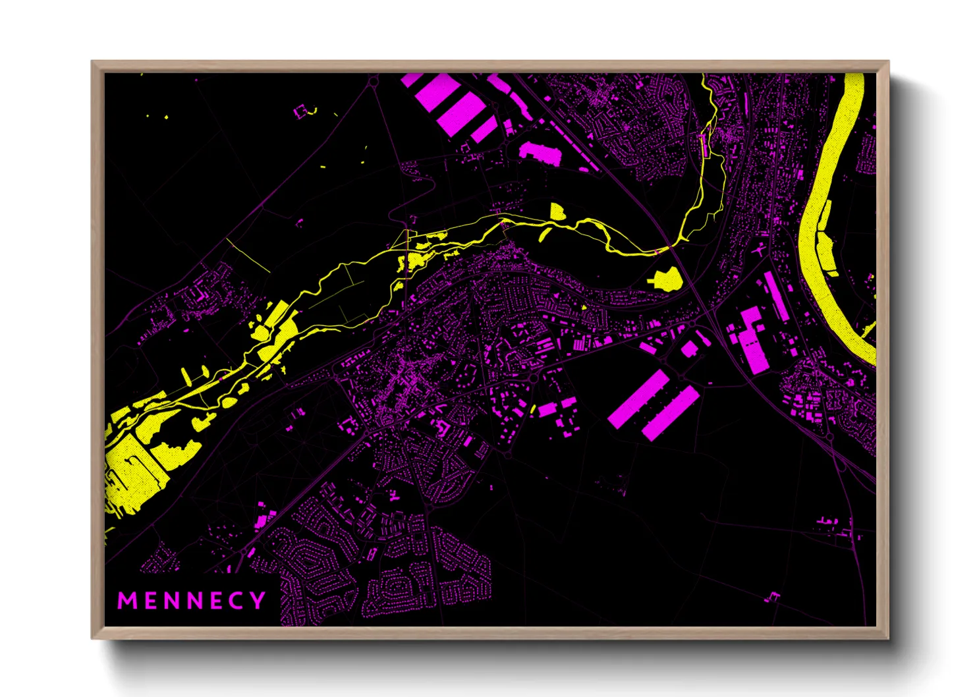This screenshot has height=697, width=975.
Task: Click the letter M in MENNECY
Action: pyautogui.click(x=125, y=601)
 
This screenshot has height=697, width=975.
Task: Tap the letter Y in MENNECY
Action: pyautogui.click(x=258, y=601)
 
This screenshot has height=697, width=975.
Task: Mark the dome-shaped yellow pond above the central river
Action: pyautogui.click(x=557, y=211)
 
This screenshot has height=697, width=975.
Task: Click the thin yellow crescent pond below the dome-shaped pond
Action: pyautogui.click(x=544, y=234)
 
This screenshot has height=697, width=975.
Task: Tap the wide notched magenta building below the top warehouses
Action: pyautogui.click(x=540, y=152)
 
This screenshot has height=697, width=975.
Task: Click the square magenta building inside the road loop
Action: pyautogui.click(x=689, y=348)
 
